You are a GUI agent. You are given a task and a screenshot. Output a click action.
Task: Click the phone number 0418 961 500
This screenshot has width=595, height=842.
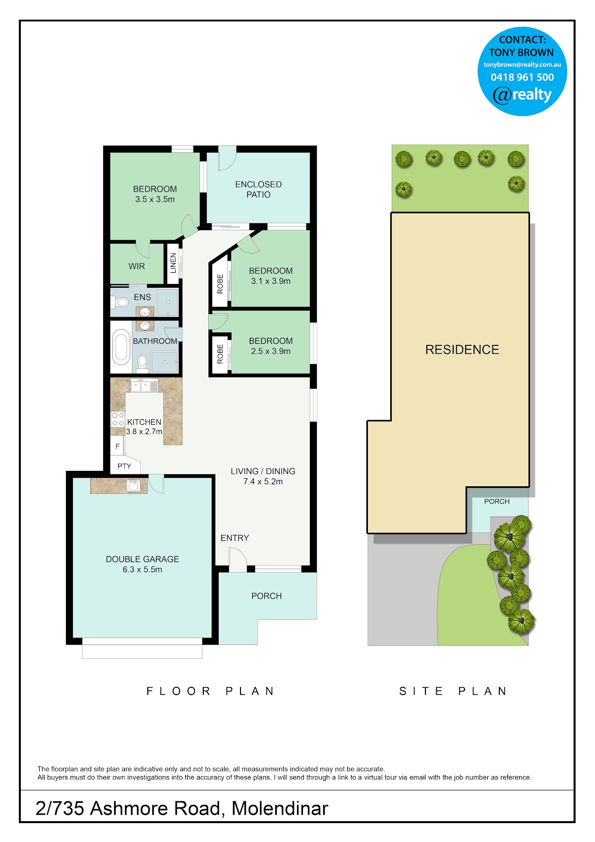[x=522, y=77]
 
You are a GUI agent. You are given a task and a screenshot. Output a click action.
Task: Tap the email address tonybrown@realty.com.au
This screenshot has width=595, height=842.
[x=522, y=65]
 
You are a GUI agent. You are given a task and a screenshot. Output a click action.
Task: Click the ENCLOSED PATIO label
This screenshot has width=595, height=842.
[x=258, y=190]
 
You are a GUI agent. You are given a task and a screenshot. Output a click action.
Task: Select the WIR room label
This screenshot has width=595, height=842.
[x=136, y=266]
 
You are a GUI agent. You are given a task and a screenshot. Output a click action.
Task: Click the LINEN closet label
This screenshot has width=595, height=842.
[x=173, y=263]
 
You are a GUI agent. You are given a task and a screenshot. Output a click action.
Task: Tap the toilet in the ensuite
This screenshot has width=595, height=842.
[x=119, y=302]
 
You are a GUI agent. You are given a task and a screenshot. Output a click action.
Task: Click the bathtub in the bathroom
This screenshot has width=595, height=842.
[x=120, y=347]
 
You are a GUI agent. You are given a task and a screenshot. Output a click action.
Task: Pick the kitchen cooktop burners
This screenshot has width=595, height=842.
[x=118, y=419]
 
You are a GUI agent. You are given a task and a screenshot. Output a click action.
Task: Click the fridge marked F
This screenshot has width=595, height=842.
[x=117, y=446]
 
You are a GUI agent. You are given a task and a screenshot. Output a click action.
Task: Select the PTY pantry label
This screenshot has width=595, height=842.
[x=124, y=466]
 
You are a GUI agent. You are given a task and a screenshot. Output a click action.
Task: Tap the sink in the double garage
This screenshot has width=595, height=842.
[x=133, y=485]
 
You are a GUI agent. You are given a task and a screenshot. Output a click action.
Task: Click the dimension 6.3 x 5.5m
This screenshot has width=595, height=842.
[x=142, y=570]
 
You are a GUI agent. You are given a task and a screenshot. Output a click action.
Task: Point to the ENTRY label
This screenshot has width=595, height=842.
[x=235, y=538]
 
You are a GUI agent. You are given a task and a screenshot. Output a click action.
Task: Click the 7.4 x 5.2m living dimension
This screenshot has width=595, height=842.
[x=263, y=481]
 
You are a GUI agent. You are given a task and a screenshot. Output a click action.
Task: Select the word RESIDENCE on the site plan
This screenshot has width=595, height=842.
[x=462, y=350]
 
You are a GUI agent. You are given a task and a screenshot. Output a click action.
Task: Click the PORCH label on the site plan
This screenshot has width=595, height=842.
[x=497, y=502]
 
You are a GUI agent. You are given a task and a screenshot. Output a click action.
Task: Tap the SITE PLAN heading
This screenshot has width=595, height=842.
[x=453, y=691]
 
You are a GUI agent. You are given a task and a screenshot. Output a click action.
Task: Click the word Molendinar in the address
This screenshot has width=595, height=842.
[x=280, y=809]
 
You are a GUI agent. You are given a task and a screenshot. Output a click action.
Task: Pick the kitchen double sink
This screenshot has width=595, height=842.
[x=140, y=386]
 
